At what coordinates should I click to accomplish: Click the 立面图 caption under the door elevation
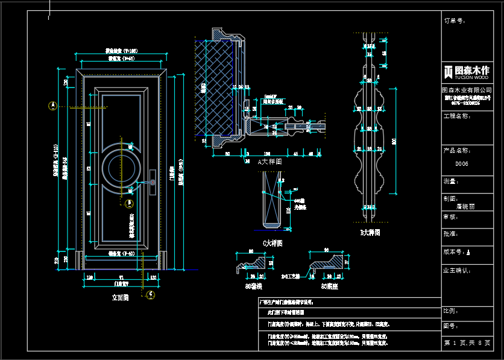click(121, 297)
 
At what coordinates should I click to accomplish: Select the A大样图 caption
click(269, 162)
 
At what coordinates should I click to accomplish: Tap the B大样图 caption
click(370, 232)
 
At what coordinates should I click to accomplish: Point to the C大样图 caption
click(272, 243)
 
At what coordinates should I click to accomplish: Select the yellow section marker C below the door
click(151, 294)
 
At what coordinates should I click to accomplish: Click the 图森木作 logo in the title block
click(467, 71)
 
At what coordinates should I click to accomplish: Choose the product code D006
click(462, 164)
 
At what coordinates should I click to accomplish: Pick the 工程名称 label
click(456, 116)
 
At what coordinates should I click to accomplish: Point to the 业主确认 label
click(458, 271)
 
